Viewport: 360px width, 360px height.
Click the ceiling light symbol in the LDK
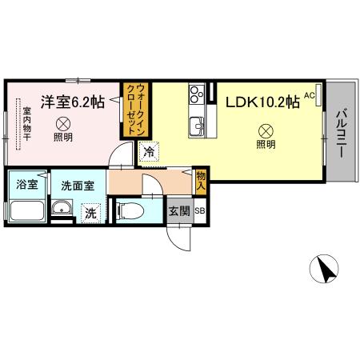264,131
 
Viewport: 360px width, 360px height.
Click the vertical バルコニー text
342,134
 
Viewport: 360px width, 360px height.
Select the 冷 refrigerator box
149,150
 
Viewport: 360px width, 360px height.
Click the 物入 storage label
201,180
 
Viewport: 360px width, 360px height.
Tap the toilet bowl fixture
131,213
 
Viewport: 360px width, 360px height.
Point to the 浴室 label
26,185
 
